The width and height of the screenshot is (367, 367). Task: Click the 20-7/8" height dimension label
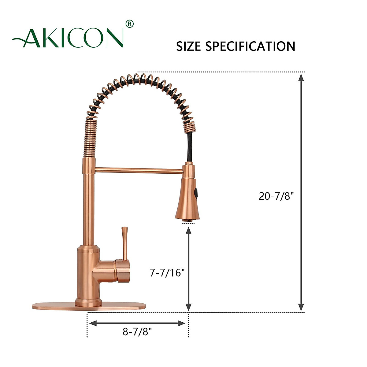[276, 196]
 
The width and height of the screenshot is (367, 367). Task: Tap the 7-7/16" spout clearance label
[167, 272]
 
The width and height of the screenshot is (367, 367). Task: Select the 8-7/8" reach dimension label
[137, 332]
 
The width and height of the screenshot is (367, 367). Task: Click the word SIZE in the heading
[188, 46]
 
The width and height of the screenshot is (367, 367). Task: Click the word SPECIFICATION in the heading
[250, 46]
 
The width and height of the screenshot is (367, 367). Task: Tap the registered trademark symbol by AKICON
[130, 24]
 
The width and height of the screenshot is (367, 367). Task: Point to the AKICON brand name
[73, 38]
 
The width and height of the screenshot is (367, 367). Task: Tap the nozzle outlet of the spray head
[188, 220]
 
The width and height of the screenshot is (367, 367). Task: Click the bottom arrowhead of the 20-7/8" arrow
[301, 307]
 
